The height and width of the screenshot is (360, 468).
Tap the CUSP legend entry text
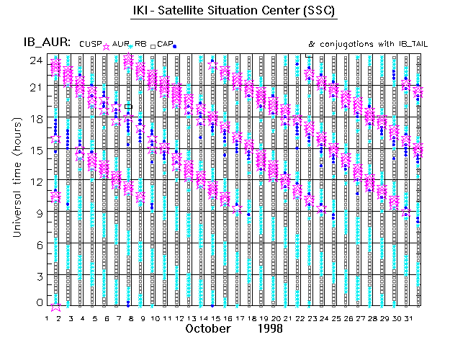tap(99, 44)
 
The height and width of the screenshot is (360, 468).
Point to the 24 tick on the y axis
tap(35, 60)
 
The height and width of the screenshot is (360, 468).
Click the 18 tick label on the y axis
tap(35, 119)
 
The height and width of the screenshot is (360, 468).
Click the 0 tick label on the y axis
tap(38, 302)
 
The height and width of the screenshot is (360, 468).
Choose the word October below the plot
tap(208, 328)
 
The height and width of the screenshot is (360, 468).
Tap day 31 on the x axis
tap(407, 318)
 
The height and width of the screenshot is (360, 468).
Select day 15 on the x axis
tap(214, 318)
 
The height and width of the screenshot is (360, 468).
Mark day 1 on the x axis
tap(48, 318)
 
